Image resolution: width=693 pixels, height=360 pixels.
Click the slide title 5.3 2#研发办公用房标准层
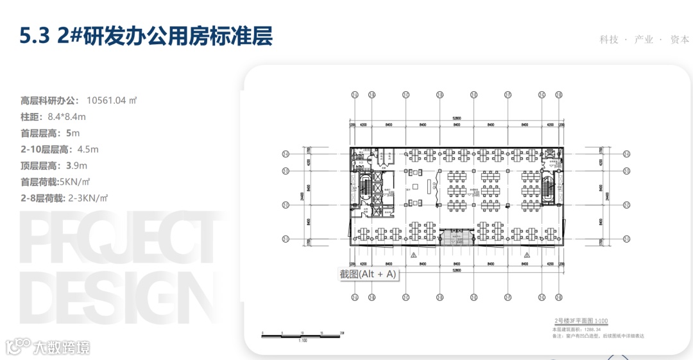146,37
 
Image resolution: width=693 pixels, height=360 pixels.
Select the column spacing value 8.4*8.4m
67,117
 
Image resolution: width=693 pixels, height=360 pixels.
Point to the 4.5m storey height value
87,150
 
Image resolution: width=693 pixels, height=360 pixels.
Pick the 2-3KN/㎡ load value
87,198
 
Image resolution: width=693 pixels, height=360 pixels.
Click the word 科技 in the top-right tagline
609,40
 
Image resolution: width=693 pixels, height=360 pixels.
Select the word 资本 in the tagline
680,40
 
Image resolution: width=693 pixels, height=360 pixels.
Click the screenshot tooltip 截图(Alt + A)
368,274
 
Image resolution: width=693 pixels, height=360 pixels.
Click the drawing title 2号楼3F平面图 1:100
581,321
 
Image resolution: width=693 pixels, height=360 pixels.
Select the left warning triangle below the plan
415,255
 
